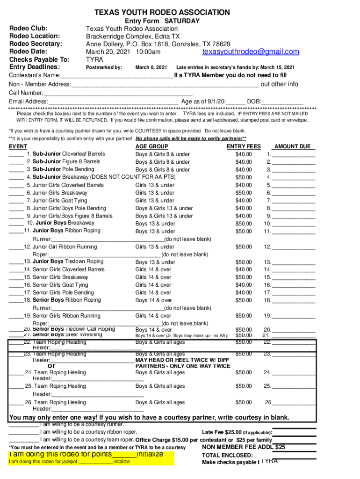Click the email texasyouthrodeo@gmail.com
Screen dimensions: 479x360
tap(251, 52)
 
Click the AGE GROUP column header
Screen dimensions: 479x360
tap(151, 146)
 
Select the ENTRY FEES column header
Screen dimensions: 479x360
tap(244, 146)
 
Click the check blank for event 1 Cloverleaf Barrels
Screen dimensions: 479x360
tap(16, 154)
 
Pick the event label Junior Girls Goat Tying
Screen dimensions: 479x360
tap(61, 201)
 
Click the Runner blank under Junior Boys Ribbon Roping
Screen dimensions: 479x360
tap(108, 239)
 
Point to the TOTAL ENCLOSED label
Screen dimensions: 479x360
tap(227, 455)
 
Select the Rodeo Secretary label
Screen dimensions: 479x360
tap(36, 44)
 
